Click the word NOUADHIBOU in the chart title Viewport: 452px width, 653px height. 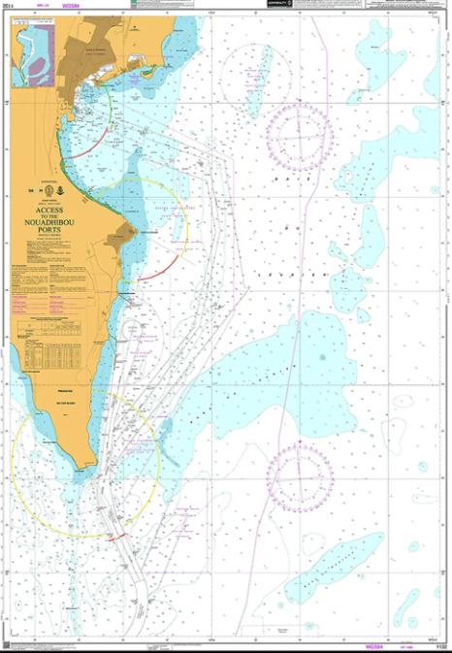click(49, 219)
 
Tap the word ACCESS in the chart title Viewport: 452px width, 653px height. click(49, 208)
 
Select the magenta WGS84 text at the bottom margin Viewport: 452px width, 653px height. click(371, 644)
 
